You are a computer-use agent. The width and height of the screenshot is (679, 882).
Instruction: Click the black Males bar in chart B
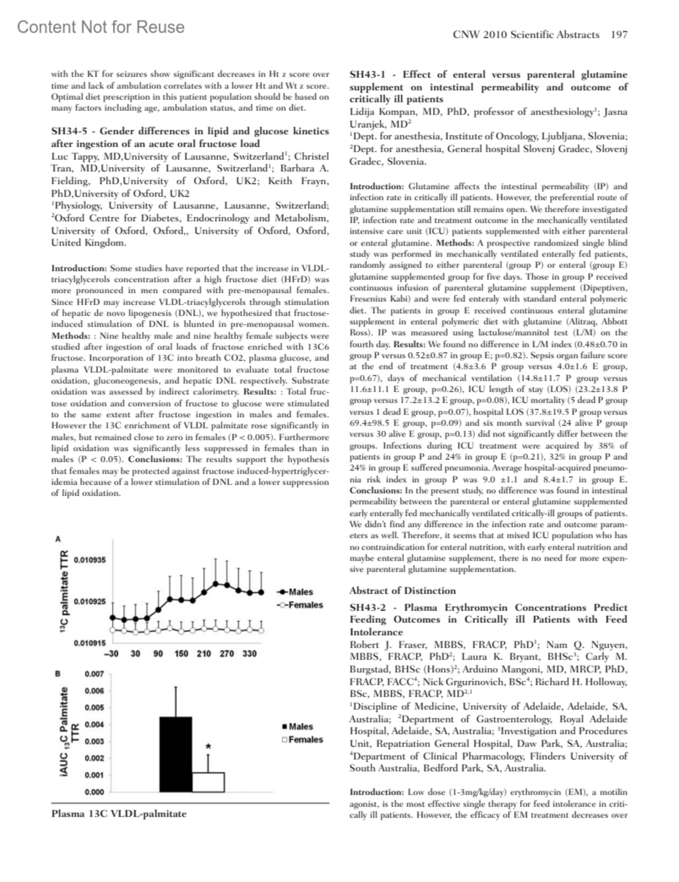[x=175, y=754]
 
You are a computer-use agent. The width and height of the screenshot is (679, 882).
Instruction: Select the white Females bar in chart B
[x=208, y=782]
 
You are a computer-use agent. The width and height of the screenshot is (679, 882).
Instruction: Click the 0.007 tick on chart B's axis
[x=94, y=674]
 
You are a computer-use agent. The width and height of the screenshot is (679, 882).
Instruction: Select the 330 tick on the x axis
[x=250, y=654]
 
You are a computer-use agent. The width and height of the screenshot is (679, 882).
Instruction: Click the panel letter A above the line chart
[x=58, y=539]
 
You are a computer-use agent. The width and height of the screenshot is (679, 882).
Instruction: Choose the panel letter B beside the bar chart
[x=58, y=674]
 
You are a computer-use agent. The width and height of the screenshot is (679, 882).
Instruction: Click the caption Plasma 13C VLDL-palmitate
[x=118, y=814]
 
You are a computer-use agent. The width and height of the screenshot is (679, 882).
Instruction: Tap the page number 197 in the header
[x=619, y=35]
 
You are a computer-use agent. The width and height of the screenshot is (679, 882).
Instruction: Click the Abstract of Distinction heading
[x=402, y=590]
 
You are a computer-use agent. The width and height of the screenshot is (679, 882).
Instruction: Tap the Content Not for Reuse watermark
[x=101, y=27]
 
